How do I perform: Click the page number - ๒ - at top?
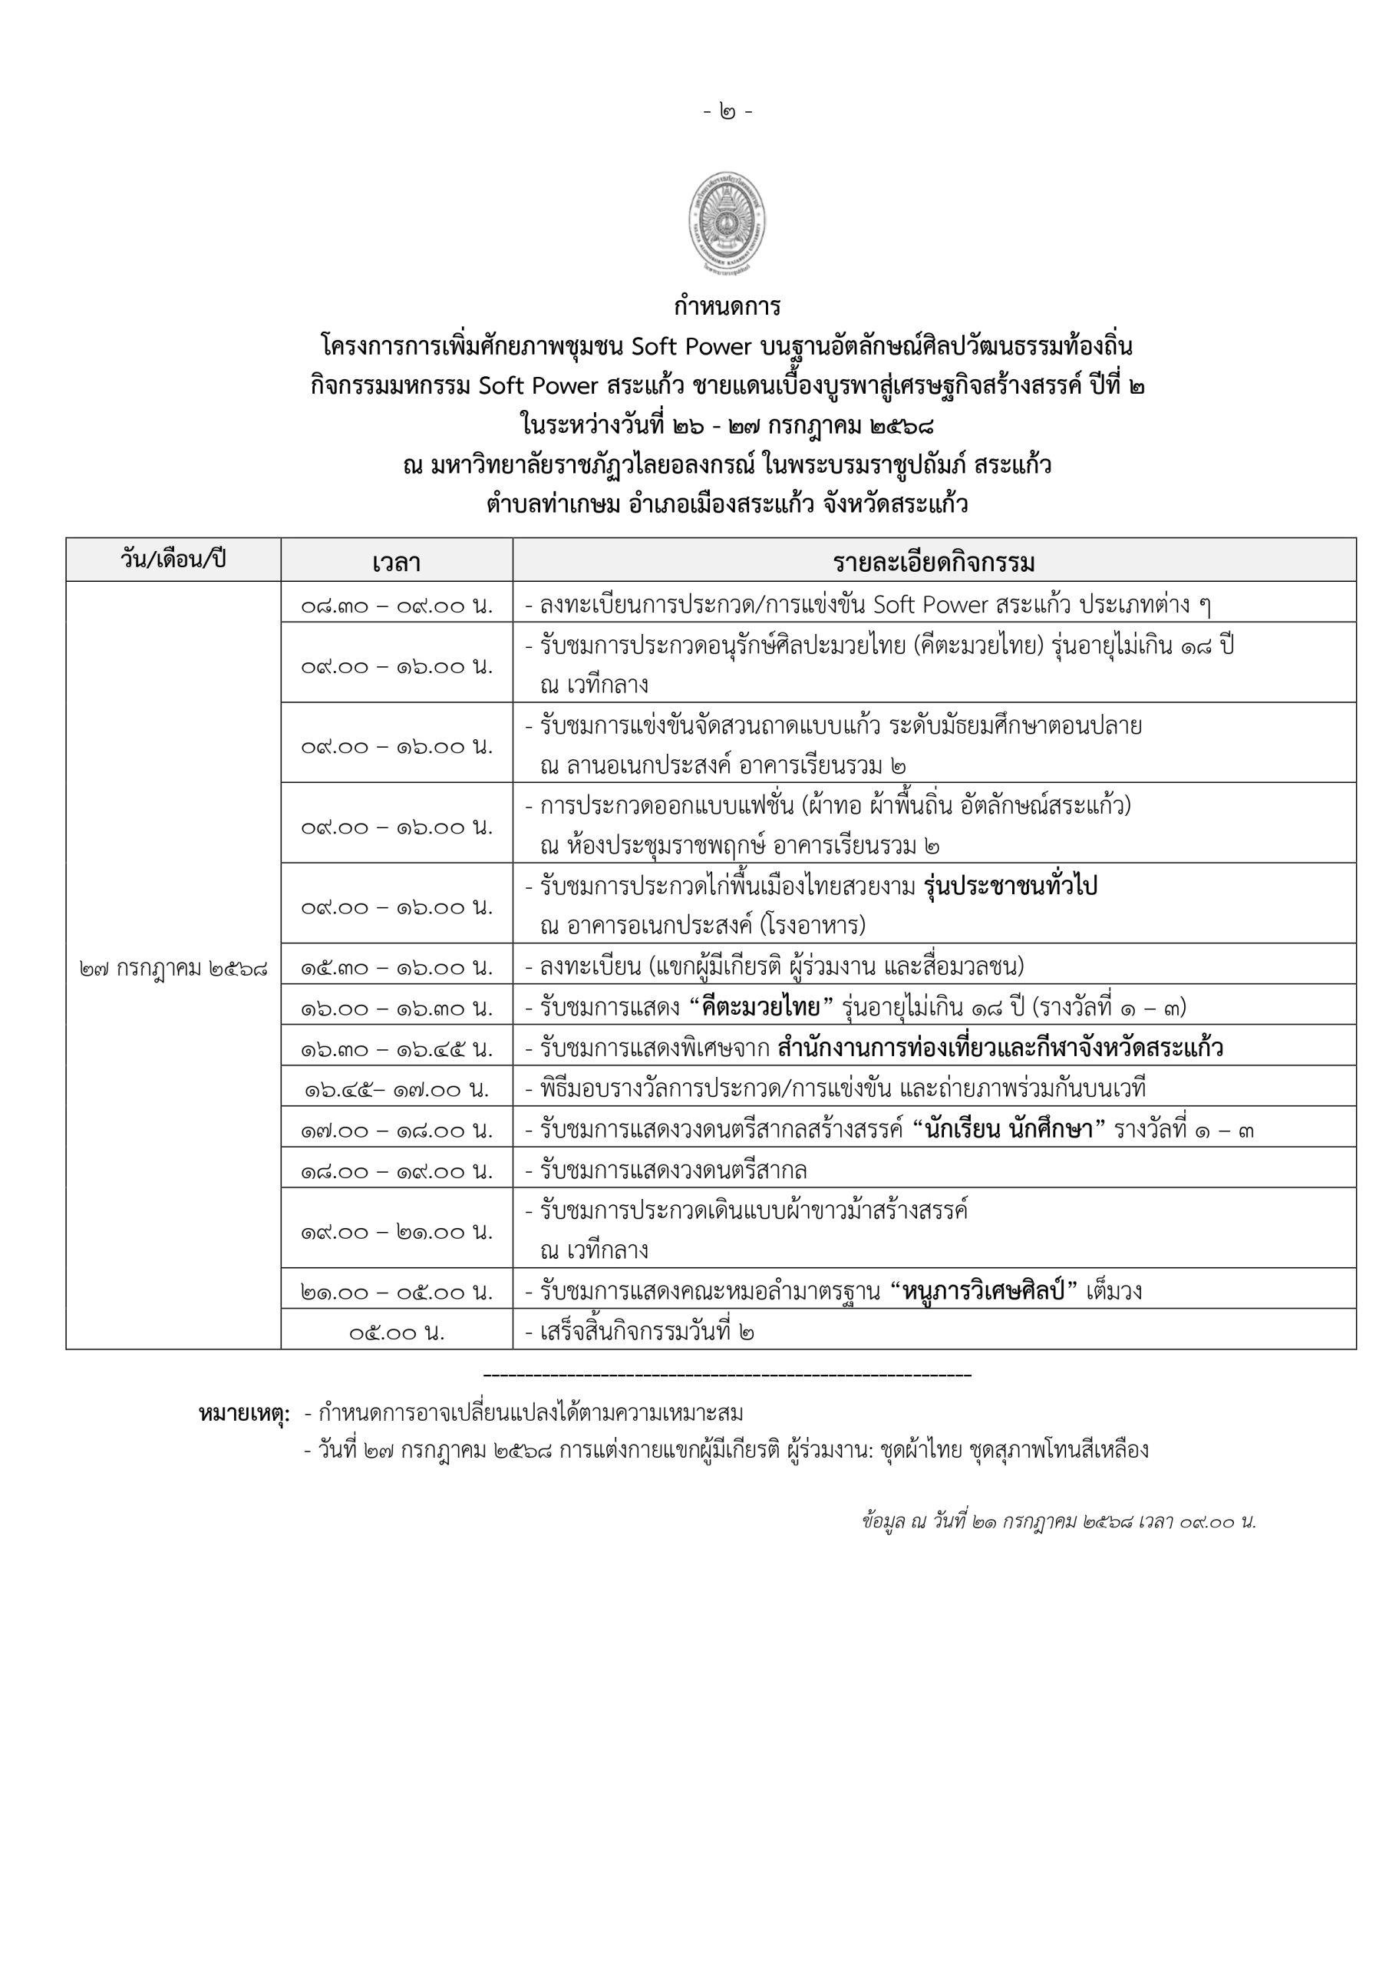[x=728, y=111]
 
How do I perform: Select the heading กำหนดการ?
[x=727, y=305]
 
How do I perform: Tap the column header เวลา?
[x=396, y=563]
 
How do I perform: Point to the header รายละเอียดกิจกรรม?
[x=934, y=563]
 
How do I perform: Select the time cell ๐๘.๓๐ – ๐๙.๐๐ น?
[x=396, y=605]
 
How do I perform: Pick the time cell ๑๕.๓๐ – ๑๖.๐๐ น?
[x=396, y=967]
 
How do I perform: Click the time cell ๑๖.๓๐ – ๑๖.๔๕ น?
[x=396, y=1048]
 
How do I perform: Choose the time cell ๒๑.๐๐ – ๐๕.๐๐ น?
[x=396, y=1292]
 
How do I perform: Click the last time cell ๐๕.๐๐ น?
[x=396, y=1333]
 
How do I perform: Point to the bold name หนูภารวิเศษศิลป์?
[x=988, y=1292]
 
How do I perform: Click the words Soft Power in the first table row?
[x=930, y=605]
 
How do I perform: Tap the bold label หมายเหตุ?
[x=244, y=1413]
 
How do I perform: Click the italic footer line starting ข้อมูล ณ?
[x=1059, y=1521]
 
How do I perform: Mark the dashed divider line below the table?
[x=727, y=1375]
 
